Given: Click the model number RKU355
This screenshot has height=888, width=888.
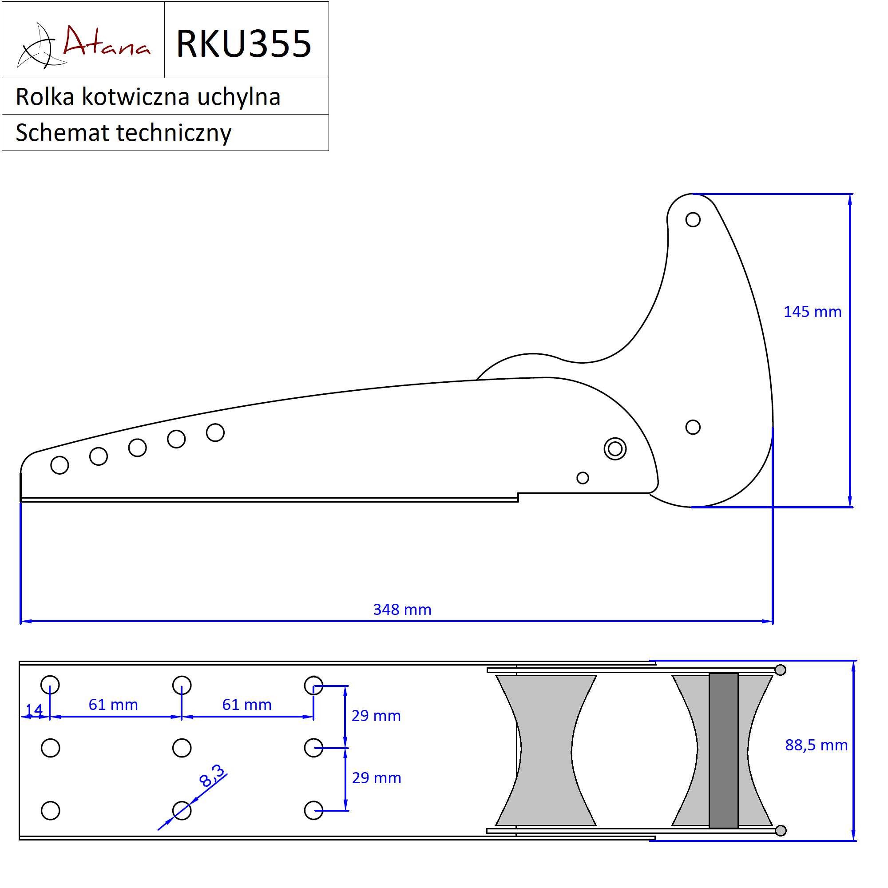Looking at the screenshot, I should [x=244, y=44].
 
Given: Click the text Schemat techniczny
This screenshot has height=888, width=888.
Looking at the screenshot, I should [x=123, y=133].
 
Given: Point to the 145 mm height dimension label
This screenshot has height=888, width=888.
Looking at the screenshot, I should [x=812, y=312].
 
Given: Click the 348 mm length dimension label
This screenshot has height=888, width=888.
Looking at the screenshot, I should [x=402, y=610].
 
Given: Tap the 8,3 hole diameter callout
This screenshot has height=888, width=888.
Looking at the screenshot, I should [x=212, y=776].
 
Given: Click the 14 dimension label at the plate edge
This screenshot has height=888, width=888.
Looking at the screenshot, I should [x=34, y=710].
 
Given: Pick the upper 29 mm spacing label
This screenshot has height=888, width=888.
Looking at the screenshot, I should [x=376, y=716].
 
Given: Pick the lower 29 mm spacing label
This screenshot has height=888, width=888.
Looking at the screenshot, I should [x=377, y=778].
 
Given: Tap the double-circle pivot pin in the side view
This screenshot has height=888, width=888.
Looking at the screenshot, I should [x=615, y=448].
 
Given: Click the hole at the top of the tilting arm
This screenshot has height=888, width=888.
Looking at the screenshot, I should [x=693, y=220].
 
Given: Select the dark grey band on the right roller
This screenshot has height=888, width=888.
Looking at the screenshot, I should [x=723, y=750].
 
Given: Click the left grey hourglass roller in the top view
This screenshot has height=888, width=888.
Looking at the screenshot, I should [x=546, y=750].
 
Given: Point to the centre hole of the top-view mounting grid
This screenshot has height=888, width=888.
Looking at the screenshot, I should [x=182, y=748].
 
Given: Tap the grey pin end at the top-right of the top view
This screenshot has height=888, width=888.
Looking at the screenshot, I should [x=780, y=670].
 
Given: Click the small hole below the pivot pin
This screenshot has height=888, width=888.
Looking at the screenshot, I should [x=583, y=478].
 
